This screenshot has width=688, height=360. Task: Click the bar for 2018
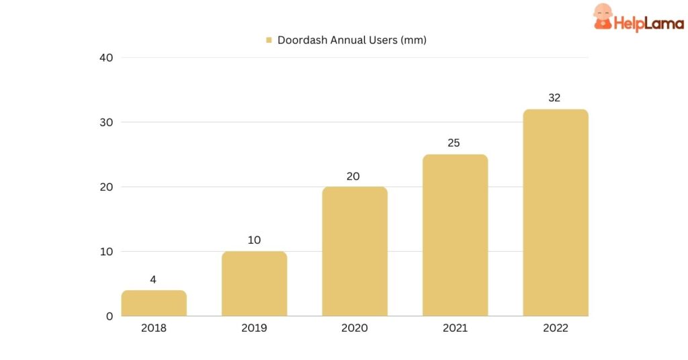(154, 304)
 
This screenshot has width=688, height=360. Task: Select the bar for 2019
(254, 284)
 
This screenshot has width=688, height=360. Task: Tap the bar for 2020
(355, 252)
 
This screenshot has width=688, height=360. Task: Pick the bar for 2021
(455, 236)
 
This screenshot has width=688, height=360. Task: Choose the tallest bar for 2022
(555, 213)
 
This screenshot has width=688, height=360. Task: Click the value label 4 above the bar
(153, 279)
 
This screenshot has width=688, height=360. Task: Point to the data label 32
(554, 98)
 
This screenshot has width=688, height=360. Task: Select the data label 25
(454, 143)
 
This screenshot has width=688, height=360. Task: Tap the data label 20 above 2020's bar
(353, 177)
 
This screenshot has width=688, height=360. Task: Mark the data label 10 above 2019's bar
(254, 240)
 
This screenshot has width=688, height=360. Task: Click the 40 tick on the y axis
(105, 58)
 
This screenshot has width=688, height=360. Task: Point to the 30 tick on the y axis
(105, 122)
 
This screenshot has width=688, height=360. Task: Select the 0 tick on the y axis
(109, 316)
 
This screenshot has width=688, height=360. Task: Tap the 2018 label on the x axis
(153, 328)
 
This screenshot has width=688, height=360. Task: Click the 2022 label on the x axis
(555, 328)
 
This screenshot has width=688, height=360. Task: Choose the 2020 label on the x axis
(355, 328)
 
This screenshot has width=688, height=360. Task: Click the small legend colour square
(269, 40)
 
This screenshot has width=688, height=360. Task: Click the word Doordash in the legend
(302, 40)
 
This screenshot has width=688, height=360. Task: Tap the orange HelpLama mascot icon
(603, 17)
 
